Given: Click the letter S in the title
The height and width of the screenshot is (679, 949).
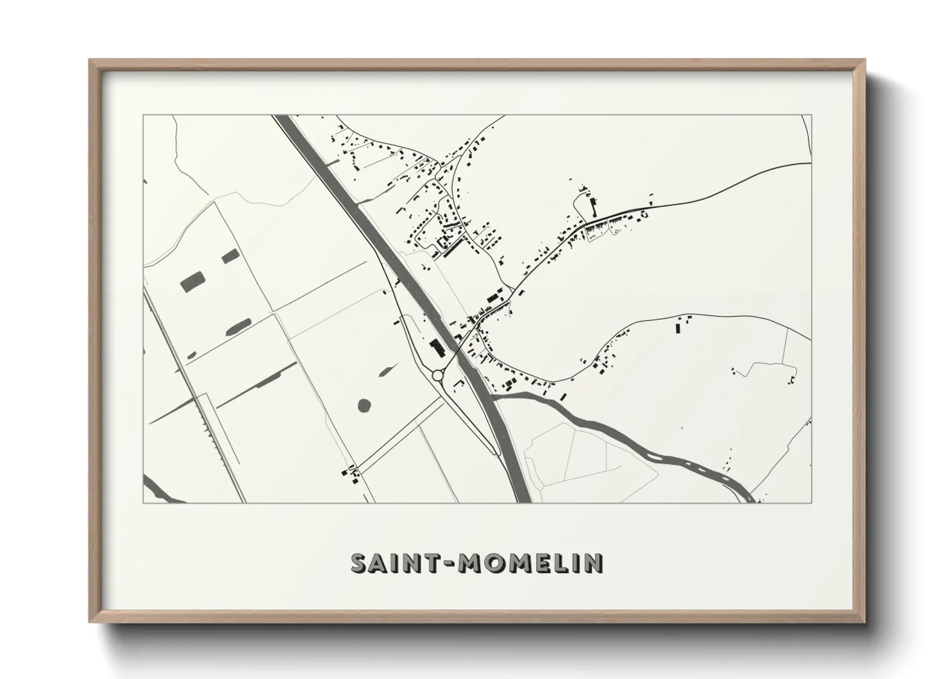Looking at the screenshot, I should pos(360,563).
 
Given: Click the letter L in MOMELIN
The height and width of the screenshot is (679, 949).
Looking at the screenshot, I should pos(566,563).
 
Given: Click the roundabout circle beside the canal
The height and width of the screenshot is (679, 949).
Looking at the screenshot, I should pos(438,375).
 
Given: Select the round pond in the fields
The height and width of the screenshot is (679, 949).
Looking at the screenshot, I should pos(364,405).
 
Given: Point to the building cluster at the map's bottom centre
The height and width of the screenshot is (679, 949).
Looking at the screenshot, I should pos(350,473).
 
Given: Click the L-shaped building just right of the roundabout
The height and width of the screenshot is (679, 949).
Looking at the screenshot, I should pos(458,383).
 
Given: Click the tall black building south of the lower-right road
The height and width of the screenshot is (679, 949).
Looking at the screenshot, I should pos(678,327).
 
